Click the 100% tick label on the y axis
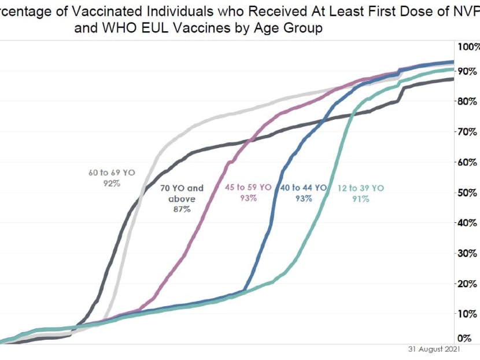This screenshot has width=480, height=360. (469, 47)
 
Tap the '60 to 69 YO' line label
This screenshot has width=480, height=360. (112, 172)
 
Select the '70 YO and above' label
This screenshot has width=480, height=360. (182, 193)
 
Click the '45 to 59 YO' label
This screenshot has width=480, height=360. (248, 188)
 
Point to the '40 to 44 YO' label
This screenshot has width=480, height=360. (304, 188)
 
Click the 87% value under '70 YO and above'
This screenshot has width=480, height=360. (182, 210)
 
